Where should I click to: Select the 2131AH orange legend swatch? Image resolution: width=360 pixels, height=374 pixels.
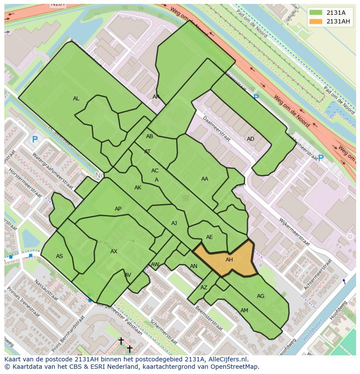click(x=316, y=22)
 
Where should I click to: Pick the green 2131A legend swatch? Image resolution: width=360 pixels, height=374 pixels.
click(x=316, y=13)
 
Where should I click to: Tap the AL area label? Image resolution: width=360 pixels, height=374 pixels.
click(x=76, y=99)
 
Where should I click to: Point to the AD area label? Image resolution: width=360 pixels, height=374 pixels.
click(x=250, y=139)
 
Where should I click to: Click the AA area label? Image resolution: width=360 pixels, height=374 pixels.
click(x=204, y=179)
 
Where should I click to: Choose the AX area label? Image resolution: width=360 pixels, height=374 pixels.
click(x=113, y=252)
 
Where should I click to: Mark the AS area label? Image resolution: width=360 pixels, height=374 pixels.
click(x=60, y=256)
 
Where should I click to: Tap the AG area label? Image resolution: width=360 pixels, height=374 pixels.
click(x=260, y=296)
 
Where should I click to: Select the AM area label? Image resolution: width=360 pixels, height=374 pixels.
click(x=244, y=311)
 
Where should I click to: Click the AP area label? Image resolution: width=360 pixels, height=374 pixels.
click(x=118, y=209)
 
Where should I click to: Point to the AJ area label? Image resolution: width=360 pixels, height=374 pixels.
click(x=174, y=223)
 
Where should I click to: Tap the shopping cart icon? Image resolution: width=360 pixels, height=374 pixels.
click(x=186, y=198)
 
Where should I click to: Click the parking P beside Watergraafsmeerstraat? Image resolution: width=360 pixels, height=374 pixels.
click(x=35, y=139)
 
